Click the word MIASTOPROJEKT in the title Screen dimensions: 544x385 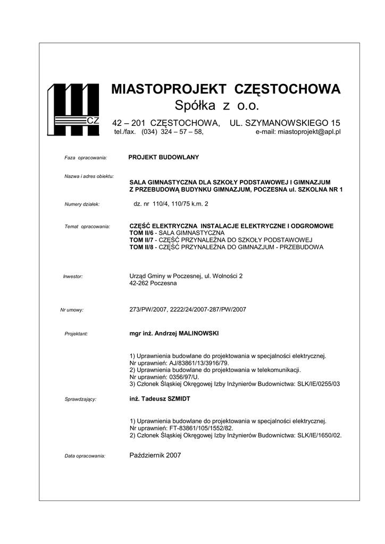(169, 89)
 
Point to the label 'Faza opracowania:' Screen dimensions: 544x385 (86, 158)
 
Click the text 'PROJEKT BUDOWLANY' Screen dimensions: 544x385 (164, 157)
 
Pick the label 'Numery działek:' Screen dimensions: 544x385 (82, 204)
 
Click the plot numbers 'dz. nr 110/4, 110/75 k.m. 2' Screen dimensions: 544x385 (170, 203)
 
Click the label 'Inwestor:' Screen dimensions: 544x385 (73, 277)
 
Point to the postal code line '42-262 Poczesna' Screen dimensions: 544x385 (154, 283)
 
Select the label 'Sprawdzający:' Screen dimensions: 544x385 (80, 399)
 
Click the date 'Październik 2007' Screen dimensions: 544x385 (155, 455)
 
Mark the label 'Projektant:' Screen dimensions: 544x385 (76, 334)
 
